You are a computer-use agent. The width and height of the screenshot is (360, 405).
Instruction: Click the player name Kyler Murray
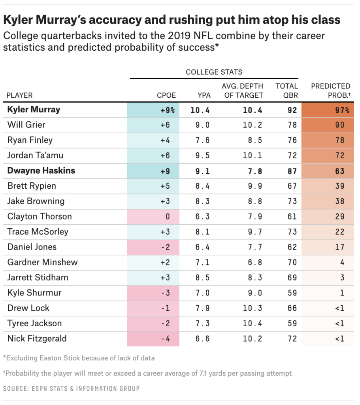tap(34, 110)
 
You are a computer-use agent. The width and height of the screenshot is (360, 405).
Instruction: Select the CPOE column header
tap(166, 95)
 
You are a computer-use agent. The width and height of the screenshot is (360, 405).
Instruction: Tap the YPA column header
tap(204, 95)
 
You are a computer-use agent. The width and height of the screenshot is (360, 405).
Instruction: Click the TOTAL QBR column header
tap(286, 91)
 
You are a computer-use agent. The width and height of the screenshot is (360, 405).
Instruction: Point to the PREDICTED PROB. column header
tap(331, 91)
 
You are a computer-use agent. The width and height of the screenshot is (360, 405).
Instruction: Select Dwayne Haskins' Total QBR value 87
tap(292, 171)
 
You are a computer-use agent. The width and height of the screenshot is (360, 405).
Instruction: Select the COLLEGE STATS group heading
tap(214, 72)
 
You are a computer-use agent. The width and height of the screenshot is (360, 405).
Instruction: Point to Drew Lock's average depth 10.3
tap(253, 308)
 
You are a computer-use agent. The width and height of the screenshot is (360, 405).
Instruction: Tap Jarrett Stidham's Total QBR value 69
tap(292, 278)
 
